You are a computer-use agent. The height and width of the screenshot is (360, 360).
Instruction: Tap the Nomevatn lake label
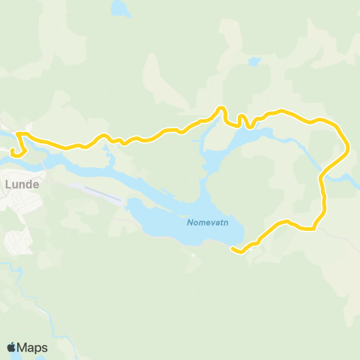tap(206, 222)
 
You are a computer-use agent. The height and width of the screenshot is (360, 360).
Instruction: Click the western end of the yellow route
tap(13, 152)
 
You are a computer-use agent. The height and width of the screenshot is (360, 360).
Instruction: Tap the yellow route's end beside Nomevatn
tap(233, 249)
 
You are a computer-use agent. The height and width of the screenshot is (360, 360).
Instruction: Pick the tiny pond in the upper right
tap(254, 61)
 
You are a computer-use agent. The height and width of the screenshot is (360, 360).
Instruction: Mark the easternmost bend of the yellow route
tap(347, 146)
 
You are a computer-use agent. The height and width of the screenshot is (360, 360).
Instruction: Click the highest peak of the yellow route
tap(222, 109)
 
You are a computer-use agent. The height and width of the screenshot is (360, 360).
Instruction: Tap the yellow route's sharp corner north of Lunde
tap(18, 134)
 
